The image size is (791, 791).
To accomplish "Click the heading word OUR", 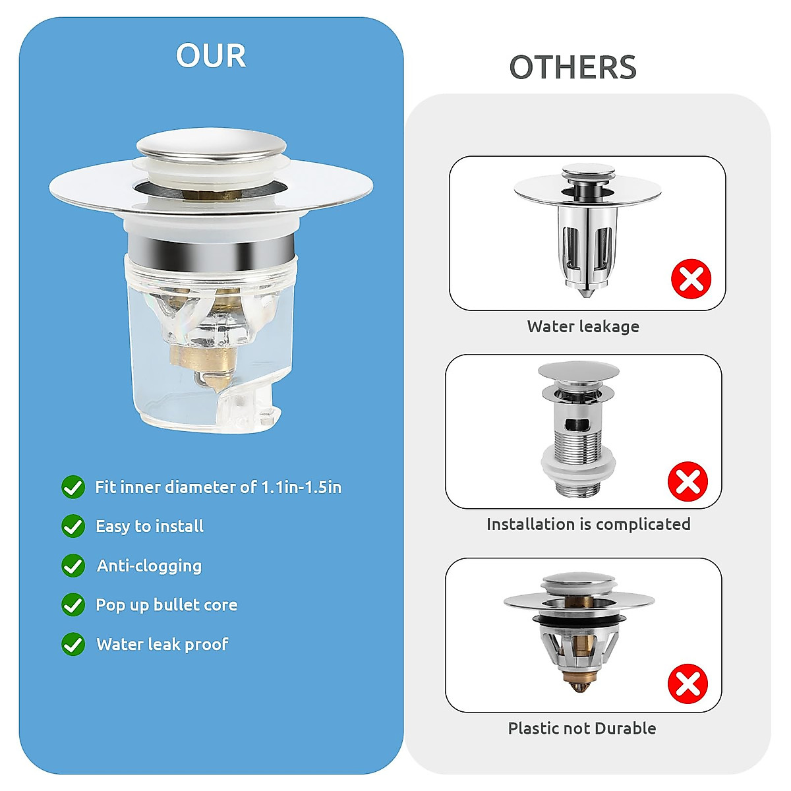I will click(211, 55).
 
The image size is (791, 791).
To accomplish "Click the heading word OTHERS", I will click(573, 67).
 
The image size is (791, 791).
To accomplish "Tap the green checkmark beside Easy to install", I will click(73, 527).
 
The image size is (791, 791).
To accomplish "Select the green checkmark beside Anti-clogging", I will click(73, 566).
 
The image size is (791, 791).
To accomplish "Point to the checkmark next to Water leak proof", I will click(73, 644).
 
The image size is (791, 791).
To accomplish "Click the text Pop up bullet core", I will click(166, 605).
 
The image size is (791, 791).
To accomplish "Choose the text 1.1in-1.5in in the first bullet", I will click(301, 487).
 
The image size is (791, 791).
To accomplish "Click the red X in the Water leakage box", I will click(691, 279).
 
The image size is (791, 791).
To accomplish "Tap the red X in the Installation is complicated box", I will click(688, 481).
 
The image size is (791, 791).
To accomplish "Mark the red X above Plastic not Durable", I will click(688, 684).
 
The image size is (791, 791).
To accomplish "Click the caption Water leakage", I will click(583, 326).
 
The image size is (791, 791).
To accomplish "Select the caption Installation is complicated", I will click(588, 524).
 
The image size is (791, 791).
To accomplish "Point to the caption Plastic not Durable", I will click(582, 728).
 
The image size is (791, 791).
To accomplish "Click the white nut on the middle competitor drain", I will click(577, 469).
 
